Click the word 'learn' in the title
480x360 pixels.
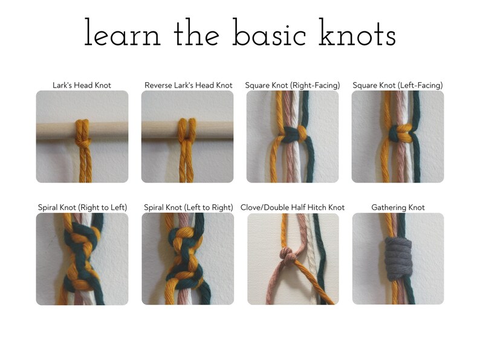coord(123,34)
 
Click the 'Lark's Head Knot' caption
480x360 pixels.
coord(82,85)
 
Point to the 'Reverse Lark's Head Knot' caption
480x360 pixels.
coord(189,85)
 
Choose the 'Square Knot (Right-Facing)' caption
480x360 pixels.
coord(293,85)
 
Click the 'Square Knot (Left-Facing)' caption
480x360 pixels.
coord(398,85)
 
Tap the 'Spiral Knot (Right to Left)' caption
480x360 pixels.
coord(82,207)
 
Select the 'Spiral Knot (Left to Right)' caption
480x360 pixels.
coord(189,207)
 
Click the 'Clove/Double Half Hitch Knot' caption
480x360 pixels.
coord(293,207)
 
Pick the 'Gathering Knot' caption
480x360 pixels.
coord(398,207)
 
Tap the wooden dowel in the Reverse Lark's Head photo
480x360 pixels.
coord(157,130)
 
